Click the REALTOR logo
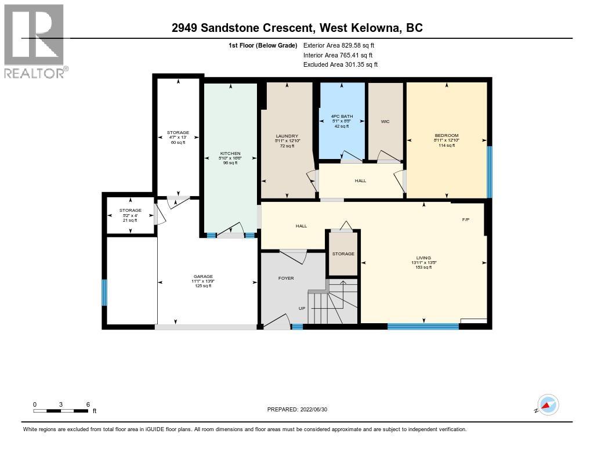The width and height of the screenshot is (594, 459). pyautogui.click(x=35, y=41)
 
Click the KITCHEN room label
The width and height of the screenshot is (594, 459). pyautogui.click(x=230, y=154)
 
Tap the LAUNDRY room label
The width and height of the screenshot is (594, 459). pyautogui.click(x=287, y=136)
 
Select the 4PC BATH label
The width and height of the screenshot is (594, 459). pyautogui.click(x=342, y=117)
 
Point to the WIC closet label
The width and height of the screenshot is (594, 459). pyautogui.click(x=385, y=122)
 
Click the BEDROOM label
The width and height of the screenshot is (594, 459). pyautogui.click(x=447, y=136)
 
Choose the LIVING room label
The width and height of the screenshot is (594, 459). pyautogui.click(x=423, y=258)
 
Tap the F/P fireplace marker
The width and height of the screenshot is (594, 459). pyautogui.click(x=465, y=220)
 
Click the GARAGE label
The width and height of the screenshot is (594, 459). pyautogui.click(x=203, y=276)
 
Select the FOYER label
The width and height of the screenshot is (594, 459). pyautogui.click(x=286, y=278)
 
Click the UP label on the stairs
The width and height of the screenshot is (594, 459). pyautogui.click(x=302, y=308)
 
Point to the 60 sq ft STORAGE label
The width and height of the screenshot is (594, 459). pyautogui.click(x=178, y=133)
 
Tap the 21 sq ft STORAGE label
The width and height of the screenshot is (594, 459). pyautogui.click(x=130, y=210)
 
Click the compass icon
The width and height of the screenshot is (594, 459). pyautogui.click(x=548, y=405)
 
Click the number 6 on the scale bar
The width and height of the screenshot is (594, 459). pyautogui.click(x=87, y=404)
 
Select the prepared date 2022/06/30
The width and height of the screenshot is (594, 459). pyautogui.click(x=300, y=409)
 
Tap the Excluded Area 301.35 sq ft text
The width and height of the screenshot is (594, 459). pyautogui.click(x=340, y=64)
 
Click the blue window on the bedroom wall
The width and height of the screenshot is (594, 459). pyautogui.click(x=489, y=172)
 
